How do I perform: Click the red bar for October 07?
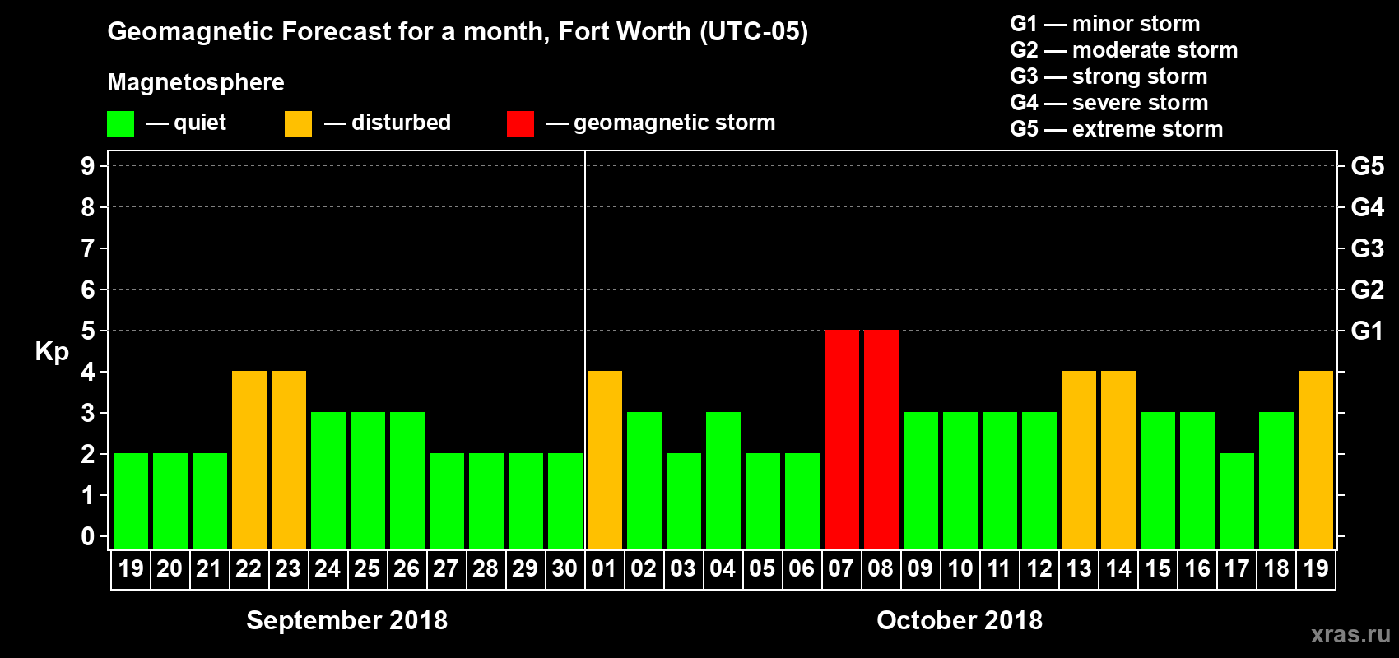[841, 439]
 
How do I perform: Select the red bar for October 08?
[881, 439]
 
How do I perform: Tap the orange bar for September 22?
[249, 460]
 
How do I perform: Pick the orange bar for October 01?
[604, 460]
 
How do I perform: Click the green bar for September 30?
[565, 501]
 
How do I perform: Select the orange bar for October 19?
[1315, 460]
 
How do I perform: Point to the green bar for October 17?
[1236, 501]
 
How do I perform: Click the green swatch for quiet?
[120, 124]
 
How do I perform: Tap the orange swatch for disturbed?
[298, 124]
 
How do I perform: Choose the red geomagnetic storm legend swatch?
[520, 124]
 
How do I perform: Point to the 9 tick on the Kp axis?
[88, 166]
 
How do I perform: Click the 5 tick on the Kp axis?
[88, 331]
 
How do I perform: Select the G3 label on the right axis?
[1367, 248]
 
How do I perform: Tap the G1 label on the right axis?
[1367, 331]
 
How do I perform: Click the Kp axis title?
[52, 352]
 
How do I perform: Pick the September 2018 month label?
[346, 620]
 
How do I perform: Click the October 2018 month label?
[959, 620]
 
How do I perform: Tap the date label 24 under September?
[328, 568]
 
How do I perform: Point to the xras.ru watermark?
[1350, 634]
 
